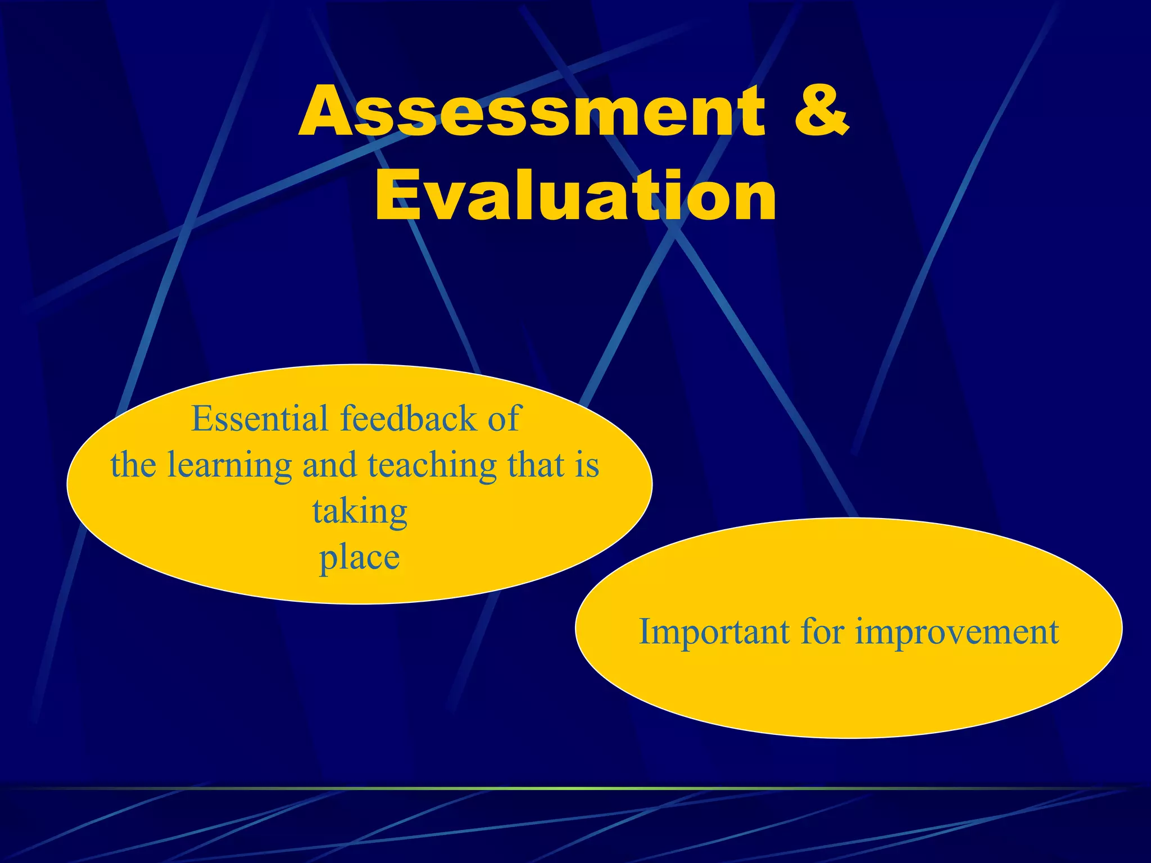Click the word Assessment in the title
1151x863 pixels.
[531, 111]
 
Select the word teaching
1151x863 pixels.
[432, 466]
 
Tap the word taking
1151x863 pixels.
[360, 512]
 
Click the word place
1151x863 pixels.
[360, 558]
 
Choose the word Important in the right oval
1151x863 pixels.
[714, 632]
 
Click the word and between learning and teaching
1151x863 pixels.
[329, 465]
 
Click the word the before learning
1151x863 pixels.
[133, 465]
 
